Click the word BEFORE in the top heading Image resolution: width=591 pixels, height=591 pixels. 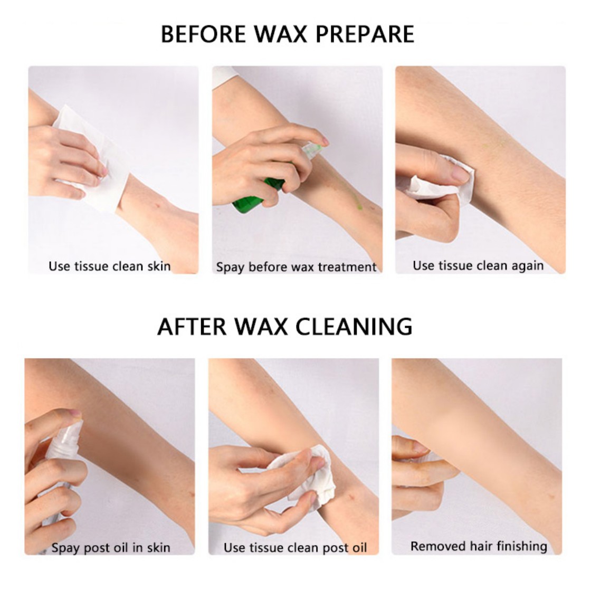(x=203, y=34)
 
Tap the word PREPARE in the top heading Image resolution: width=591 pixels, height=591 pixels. (x=365, y=34)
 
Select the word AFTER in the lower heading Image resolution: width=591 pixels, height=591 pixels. (x=192, y=327)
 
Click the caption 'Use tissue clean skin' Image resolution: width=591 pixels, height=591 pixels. (x=109, y=266)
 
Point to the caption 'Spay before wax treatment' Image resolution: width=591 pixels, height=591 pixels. (x=296, y=267)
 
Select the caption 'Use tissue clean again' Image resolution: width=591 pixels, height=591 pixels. (x=478, y=266)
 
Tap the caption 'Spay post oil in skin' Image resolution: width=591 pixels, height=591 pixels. (x=111, y=547)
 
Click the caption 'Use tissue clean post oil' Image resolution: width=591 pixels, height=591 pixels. (x=295, y=547)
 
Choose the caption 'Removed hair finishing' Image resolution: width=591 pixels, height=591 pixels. (x=479, y=546)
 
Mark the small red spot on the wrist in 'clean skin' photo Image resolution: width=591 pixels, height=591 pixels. (x=157, y=206)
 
